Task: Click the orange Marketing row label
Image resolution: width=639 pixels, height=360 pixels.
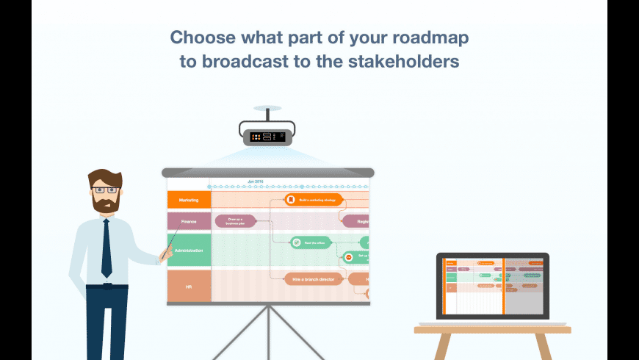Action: (189, 199)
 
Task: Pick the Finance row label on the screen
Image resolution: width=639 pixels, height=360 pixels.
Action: (189, 220)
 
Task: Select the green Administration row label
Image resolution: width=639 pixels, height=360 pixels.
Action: (189, 251)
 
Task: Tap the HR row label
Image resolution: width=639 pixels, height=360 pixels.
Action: (189, 287)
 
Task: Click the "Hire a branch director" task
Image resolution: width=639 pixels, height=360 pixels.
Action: (314, 278)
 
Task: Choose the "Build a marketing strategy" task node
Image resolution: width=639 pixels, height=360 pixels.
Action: (314, 199)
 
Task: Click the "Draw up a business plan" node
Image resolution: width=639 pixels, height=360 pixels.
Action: (235, 220)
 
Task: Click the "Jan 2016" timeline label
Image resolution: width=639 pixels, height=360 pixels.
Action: (255, 181)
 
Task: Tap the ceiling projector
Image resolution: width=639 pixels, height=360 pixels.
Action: (267, 135)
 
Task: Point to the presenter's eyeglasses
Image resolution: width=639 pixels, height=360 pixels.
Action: (104, 190)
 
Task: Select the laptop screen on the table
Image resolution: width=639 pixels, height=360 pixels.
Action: (492, 286)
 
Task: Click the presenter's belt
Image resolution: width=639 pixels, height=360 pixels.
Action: (106, 287)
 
